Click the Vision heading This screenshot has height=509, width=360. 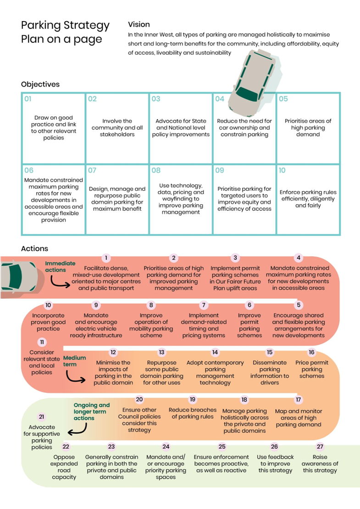[138, 24]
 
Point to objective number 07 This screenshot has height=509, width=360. [92, 170]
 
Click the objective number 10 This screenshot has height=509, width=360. [282, 170]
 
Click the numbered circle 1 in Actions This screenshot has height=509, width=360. [106, 258]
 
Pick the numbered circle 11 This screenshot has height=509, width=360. [42, 342]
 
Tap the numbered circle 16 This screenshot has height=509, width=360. [311, 352]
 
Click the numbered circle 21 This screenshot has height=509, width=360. [42, 417]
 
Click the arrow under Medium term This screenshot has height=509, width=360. [75, 376]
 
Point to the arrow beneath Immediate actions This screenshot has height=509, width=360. [61, 281]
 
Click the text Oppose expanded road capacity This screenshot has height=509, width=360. [64, 467]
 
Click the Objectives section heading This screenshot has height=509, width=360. [40, 84]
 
